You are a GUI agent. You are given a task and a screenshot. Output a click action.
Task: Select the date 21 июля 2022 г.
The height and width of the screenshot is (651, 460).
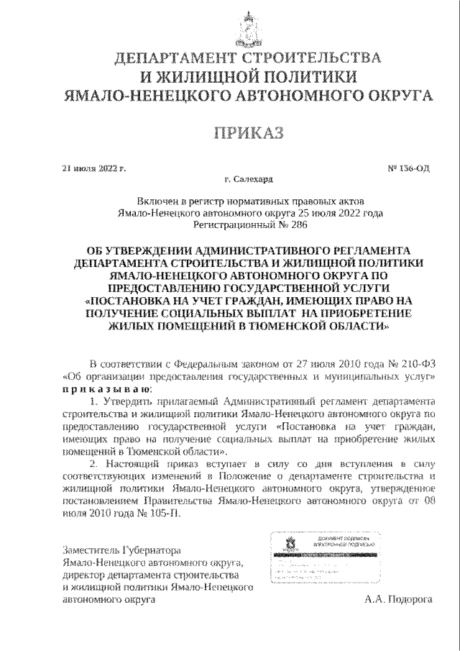[x=93, y=170]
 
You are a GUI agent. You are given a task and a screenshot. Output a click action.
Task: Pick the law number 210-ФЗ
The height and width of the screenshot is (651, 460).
[x=418, y=363]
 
